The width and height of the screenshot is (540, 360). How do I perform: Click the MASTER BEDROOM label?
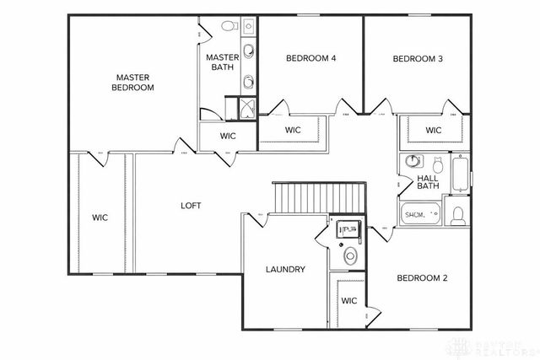tap(134, 82)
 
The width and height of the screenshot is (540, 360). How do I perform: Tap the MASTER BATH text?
tap(223, 62)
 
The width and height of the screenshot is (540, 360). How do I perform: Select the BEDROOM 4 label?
tap(310, 58)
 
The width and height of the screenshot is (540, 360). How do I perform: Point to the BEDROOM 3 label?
tap(418, 58)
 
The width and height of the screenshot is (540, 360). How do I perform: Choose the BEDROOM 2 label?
tap(421, 278)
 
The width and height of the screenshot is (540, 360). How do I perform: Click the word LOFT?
tap(191, 205)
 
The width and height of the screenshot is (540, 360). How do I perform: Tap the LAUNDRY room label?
tap(285, 270)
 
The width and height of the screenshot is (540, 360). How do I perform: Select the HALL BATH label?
tap(428, 182)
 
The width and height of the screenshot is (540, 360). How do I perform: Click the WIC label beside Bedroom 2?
tap(349, 300)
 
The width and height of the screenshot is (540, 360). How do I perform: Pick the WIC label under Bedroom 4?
tap(293, 130)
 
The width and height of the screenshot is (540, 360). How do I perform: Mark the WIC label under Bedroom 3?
tap(433, 130)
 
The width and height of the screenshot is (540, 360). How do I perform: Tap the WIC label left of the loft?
tap(100, 218)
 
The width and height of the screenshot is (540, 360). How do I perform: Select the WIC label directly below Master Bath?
tap(228, 135)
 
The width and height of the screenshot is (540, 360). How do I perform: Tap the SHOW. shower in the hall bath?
tap(421, 215)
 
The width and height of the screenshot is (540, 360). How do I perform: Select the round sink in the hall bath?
tap(412, 160)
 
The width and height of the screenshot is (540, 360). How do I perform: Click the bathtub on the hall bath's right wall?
tap(460, 174)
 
